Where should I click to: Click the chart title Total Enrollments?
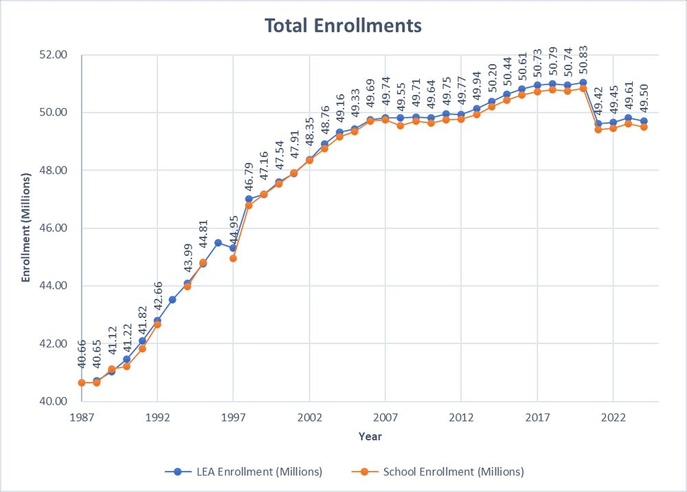(x=343, y=26)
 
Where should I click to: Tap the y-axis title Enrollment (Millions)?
(x=26, y=227)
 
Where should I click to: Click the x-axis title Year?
(x=370, y=436)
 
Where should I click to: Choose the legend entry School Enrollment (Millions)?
(x=445, y=472)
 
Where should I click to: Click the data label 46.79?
(x=249, y=181)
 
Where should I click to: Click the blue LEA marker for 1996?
(x=218, y=242)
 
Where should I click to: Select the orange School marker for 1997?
(x=234, y=258)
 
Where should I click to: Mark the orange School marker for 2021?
(x=598, y=129)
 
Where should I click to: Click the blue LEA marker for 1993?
(x=172, y=299)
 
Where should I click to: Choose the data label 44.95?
(x=234, y=234)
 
